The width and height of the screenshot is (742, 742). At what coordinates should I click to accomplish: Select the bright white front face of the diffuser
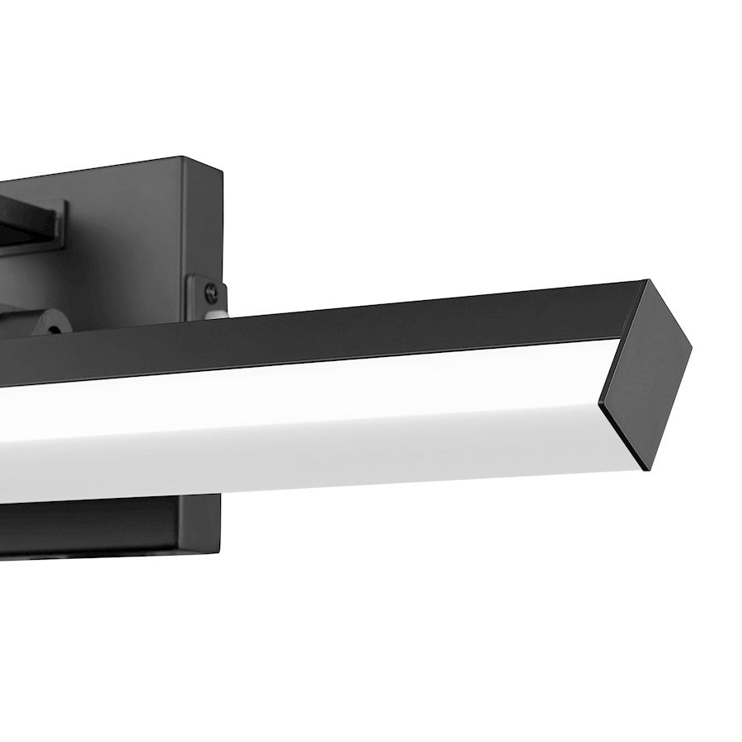tap(330, 396)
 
